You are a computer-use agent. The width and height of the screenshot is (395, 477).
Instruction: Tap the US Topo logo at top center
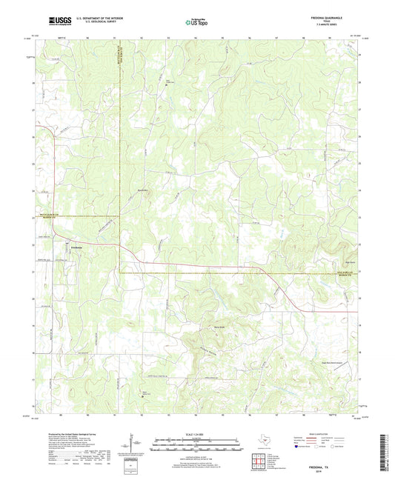(197, 22)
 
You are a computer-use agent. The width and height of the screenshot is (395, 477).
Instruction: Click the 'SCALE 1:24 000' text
(197, 433)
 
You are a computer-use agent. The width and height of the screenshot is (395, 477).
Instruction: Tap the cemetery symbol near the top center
(167, 85)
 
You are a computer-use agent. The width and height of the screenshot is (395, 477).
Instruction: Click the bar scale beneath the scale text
(197, 446)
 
